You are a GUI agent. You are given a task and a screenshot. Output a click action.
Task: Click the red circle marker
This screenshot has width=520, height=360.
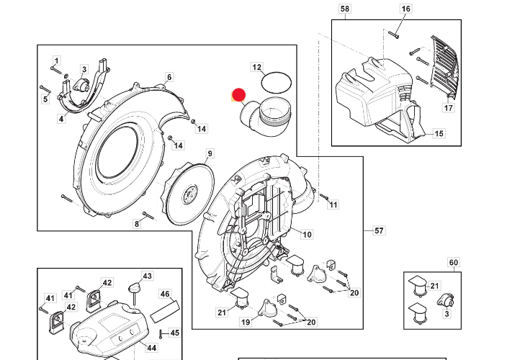[x=238, y=95]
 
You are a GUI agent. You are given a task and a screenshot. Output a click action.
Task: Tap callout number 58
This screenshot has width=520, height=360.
[x=344, y=9]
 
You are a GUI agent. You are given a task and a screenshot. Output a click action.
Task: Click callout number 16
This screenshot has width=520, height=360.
[x=405, y=9]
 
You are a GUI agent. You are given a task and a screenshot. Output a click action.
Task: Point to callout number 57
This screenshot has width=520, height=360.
[x=379, y=230]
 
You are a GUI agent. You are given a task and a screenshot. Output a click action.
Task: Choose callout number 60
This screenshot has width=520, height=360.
[x=453, y=263]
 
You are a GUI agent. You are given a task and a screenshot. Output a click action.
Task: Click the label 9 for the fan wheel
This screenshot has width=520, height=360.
[x=210, y=153]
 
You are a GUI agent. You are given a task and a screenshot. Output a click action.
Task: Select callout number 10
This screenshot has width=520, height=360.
[x=307, y=235]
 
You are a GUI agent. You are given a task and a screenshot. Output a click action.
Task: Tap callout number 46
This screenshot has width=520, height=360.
[x=165, y=294]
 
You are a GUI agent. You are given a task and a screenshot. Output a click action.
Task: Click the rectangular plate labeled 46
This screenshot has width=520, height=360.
[x=165, y=311]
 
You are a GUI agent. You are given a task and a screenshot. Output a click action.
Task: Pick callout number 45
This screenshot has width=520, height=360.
[x=175, y=333]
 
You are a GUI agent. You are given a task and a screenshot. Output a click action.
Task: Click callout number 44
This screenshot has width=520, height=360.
[x=151, y=348]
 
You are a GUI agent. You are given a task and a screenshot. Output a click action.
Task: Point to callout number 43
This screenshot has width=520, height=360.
[x=147, y=276]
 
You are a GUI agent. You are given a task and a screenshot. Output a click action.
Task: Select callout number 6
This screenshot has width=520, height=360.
[x=169, y=77]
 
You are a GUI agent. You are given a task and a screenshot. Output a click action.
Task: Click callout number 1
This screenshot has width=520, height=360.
[x=56, y=60]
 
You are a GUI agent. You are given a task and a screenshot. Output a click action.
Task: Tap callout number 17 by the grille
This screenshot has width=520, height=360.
[x=448, y=108]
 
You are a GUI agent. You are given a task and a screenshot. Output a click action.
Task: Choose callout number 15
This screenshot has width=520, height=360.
[x=439, y=133]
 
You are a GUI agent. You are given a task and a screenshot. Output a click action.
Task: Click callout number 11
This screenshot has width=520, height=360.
[x=333, y=204]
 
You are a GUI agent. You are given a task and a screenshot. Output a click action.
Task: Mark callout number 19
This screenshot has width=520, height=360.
[x=246, y=322]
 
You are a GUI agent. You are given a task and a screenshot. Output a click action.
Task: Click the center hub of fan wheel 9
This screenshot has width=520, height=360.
[x=190, y=194]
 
